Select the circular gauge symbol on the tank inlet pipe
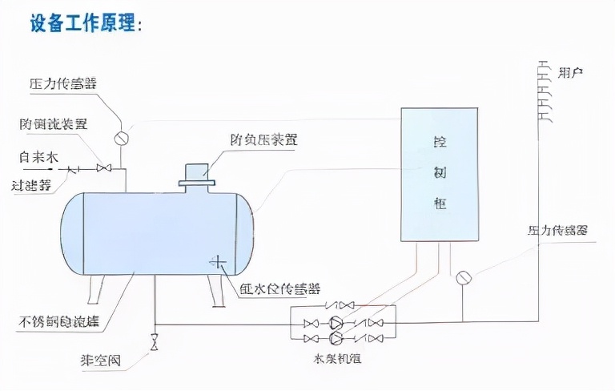pos(122,138)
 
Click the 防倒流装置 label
pos(54,124)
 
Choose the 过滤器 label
pos(32,184)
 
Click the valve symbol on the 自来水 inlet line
pos(102,168)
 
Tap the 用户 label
pos(570,73)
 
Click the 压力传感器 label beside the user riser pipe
pos(557,231)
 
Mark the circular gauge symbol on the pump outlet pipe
pos(463,279)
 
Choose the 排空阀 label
pos(100,361)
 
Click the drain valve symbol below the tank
pos(153,341)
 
